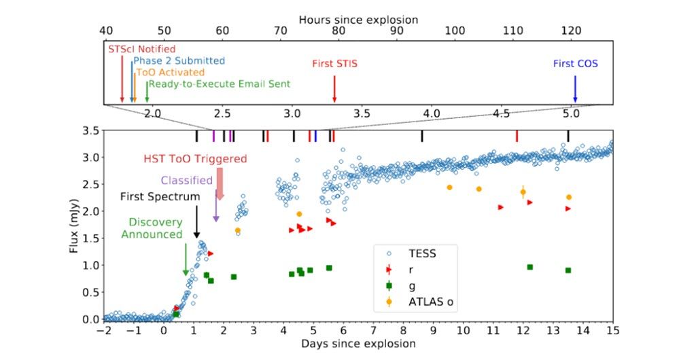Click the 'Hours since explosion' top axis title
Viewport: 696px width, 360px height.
click(x=358, y=20)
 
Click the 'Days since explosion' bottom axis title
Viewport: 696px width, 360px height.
click(x=358, y=344)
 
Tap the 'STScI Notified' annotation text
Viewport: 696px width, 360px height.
click(x=141, y=49)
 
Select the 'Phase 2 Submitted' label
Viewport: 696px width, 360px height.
click(x=179, y=60)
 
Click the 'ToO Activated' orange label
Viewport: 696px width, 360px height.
click(x=170, y=72)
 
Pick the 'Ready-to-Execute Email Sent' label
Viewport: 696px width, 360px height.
click(x=219, y=84)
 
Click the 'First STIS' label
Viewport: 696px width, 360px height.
click(x=334, y=64)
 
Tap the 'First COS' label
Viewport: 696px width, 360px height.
click(x=575, y=64)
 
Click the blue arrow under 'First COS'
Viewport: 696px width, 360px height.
click(x=575, y=88)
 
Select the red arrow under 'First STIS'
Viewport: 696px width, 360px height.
click(x=334, y=88)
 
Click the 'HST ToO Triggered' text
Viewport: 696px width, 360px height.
click(x=195, y=159)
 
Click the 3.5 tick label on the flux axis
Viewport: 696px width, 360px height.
click(x=91, y=130)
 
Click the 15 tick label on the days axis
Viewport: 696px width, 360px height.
click(x=612, y=330)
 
